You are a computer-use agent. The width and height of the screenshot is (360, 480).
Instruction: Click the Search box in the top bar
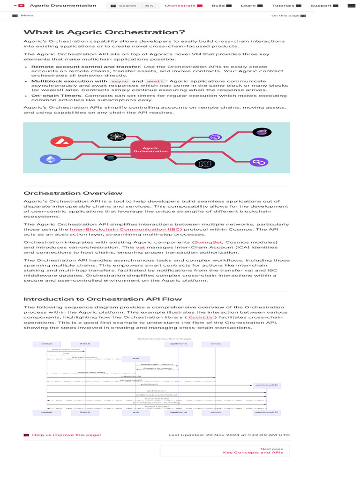[x=132, y=6]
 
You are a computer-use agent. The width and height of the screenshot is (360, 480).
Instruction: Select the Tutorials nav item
[x=286, y=6]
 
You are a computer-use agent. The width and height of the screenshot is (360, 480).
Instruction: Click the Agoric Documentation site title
[x=63, y=6]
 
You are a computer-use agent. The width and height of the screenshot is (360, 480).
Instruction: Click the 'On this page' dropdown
[x=288, y=15]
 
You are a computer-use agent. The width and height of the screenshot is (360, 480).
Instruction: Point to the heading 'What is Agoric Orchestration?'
[x=104, y=32]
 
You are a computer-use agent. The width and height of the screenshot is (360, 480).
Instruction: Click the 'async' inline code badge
[x=119, y=81]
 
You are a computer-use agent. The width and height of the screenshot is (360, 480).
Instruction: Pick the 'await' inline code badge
[x=156, y=81]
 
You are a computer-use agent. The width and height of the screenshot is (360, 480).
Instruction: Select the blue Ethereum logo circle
[x=47, y=159]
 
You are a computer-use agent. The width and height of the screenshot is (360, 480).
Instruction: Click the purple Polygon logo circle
[x=258, y=162]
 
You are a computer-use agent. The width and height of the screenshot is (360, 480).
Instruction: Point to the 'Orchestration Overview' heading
[x=73, y=193]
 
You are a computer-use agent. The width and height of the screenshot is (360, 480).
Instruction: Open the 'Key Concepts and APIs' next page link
[x=253, y=453]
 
